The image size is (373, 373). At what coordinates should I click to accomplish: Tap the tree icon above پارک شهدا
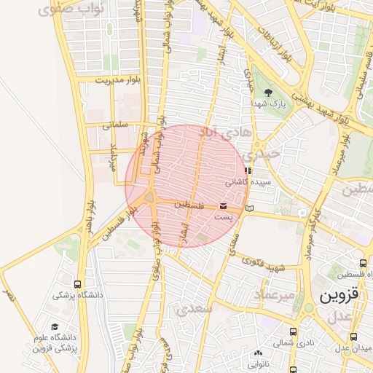(268, 93)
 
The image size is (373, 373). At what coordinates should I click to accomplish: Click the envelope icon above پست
(223, 207)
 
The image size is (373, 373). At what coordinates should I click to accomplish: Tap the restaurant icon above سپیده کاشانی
(248, 170)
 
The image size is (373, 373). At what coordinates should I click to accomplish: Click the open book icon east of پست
(251, 208)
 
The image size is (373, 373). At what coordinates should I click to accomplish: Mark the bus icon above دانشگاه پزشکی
(78, 284)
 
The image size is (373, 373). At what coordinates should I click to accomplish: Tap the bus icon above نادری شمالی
(293, 331)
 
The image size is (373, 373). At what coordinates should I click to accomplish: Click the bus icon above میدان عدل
(353, 337)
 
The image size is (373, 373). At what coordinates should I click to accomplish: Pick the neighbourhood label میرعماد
(274, 294)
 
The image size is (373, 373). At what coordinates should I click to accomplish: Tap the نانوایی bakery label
(259, 364)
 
